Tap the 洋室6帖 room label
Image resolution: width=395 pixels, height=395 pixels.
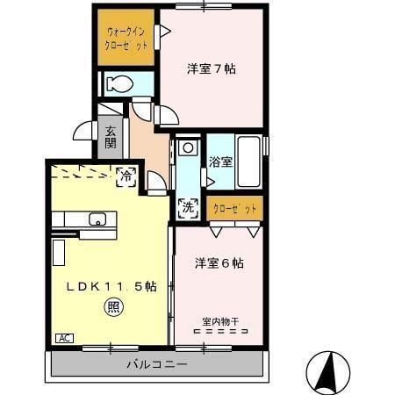219,262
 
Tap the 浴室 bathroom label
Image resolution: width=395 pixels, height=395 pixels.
220,162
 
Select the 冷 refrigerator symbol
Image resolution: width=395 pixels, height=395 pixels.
126,176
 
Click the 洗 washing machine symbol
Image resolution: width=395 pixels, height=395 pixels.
187,208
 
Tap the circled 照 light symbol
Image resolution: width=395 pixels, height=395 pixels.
114,306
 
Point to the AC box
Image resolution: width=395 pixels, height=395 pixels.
64,338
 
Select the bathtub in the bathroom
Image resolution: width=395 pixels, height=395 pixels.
248,161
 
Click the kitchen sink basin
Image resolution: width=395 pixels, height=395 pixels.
96,219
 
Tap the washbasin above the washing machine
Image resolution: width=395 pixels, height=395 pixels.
186,148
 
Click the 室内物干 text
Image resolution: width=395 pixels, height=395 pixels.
219,320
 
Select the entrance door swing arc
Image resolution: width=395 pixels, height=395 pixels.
83,132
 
